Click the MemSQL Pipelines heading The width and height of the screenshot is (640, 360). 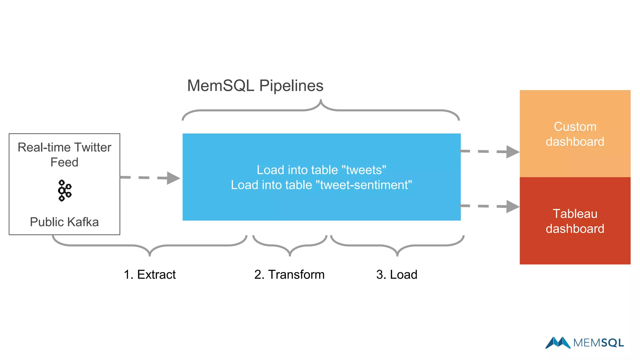pyautogui.click(x=255, y=86)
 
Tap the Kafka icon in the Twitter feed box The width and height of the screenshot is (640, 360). pyautogui.click(x=65, y=191)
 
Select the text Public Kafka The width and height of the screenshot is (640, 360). pyautogui.click(x=64, y=222)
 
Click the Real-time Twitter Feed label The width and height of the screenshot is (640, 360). pyautogui.click(x=64, y=155)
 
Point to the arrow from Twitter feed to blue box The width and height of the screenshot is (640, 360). pyautogui.click(x=150, y=178)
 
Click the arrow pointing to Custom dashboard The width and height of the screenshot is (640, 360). pyautogui.click(x=489, y=152)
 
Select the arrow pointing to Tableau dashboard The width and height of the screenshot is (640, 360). pyautogui.click(x=489, y=206)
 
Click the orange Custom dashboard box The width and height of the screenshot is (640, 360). pyautogui.click(x=575, y=134)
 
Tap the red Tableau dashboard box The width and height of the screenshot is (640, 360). pyautogui.click(x=575, y=221)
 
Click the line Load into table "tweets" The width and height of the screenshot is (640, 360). pyautogui.click(x=321, y=170)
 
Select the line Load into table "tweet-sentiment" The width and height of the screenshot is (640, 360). pyautogui.click(x=321, y=185)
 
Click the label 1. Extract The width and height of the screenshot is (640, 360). pyautogui.click(x=150, y=274)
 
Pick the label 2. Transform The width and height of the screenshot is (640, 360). pyautogui.click(x=289, y=274)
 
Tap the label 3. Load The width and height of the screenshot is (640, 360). pyautogui.click(x=397, y=274)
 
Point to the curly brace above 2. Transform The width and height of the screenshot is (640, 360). pyautogui.click(x=290, y=247)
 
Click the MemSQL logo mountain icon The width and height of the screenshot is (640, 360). pyautogui.click(x=558, y=342)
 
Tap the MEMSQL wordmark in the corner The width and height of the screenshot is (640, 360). pyautogui.click(x=598, y=343)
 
